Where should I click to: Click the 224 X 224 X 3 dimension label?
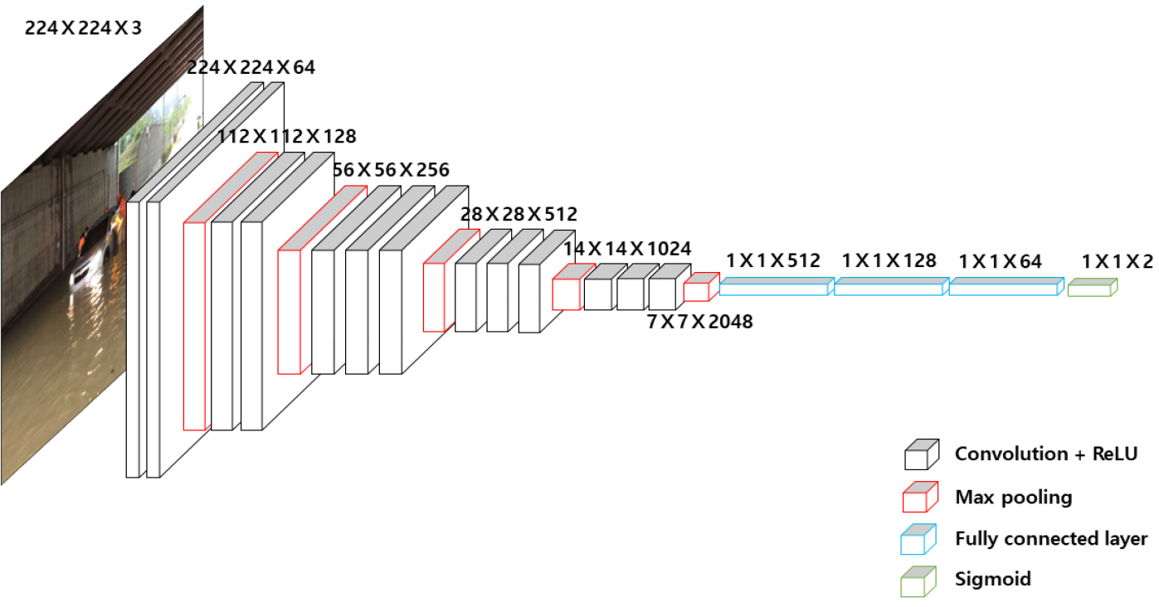[x=83, y=28]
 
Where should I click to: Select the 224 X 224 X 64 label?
[x=251, y=67]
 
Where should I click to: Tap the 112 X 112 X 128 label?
[x=287, y=137]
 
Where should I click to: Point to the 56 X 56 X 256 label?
[x=391, y=170]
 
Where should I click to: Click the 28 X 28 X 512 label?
[x=519, y=214]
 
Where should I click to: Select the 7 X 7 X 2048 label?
[x=700, y=322]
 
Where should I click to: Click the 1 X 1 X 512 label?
[x=773, y=260]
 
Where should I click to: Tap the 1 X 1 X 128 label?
[x=889, y=260]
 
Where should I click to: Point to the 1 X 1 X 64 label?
[x=1001, y=261]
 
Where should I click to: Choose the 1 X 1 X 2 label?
[x=1118, y=261]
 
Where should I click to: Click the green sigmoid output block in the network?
[x=1093, y=288]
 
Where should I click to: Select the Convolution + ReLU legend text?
[x=1046, y=454]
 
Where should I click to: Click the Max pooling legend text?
[x=1014, y=498]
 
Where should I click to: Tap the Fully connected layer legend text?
[x=1051, y=539]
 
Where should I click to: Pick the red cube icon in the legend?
[x=920, y=497]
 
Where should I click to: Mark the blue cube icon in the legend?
[x=918, y=539]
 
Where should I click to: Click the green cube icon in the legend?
[x=918, y=581]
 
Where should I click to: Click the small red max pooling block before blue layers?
[x=702, y=287]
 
